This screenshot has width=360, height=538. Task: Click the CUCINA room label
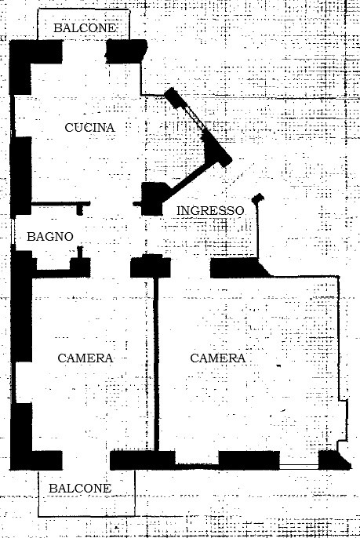tap(89, 127)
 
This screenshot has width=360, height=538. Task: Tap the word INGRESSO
tap(210, 210)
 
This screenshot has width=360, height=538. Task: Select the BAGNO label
tap(50, 236)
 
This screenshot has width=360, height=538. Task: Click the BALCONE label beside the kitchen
tap(85, 27)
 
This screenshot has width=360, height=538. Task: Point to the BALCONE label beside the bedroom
tap(80, 488)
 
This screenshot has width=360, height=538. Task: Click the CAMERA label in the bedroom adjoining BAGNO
tap(85, 358)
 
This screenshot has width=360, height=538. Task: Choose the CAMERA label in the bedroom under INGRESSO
tap(218, 358)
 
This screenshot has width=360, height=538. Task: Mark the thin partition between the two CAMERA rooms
tap(156, 364)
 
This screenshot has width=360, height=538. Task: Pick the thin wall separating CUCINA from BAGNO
tap(61, 204)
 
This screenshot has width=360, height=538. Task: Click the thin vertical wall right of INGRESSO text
tap(257, 228)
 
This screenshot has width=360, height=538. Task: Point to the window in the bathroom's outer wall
tap(13, 234)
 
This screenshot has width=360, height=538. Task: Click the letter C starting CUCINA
tap(69, 127)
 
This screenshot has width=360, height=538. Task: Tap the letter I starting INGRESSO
tap(179, 210)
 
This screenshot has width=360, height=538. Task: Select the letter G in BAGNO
tap(48, 236)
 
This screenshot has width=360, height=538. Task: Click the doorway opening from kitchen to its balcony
tap(84, 52)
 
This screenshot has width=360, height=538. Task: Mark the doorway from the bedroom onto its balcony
tap(86, 460)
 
